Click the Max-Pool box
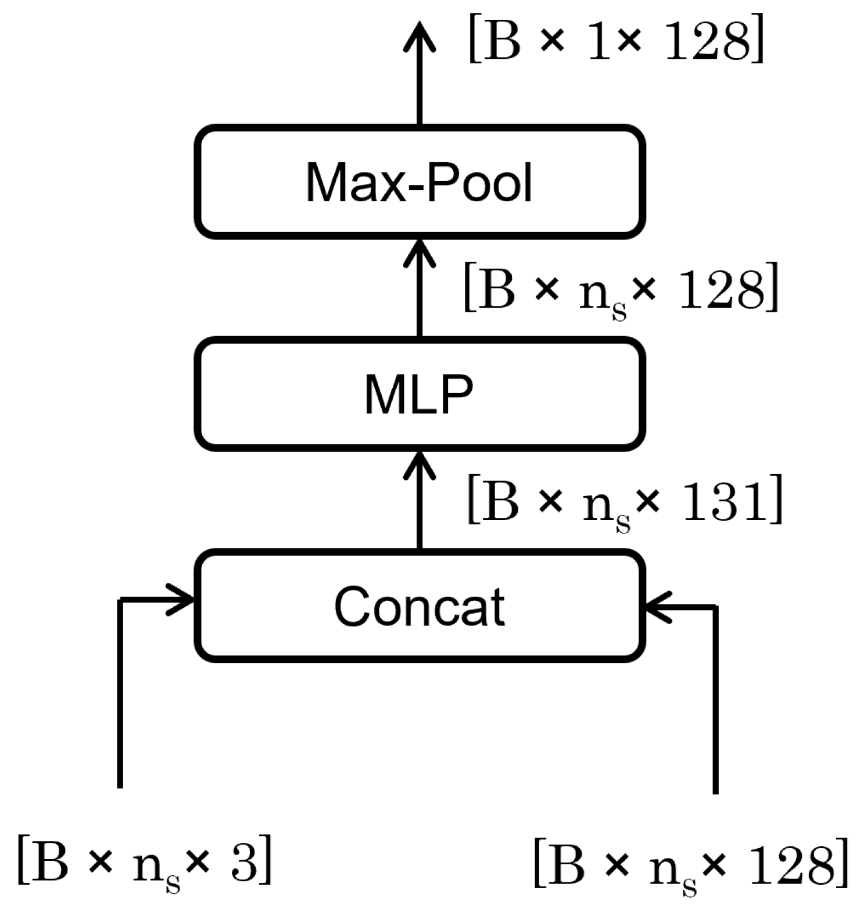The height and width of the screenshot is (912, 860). point(420,182)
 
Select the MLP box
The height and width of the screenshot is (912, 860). point(420,394)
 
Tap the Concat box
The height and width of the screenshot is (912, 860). point(420,606)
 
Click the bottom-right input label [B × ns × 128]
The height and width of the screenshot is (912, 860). point(690,865)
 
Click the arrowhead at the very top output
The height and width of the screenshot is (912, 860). point(420,35)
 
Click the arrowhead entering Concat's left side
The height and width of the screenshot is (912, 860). point(182,599)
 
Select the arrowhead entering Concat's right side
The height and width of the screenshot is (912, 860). point(657,607)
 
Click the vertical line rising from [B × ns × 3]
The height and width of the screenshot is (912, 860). point(120,698)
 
